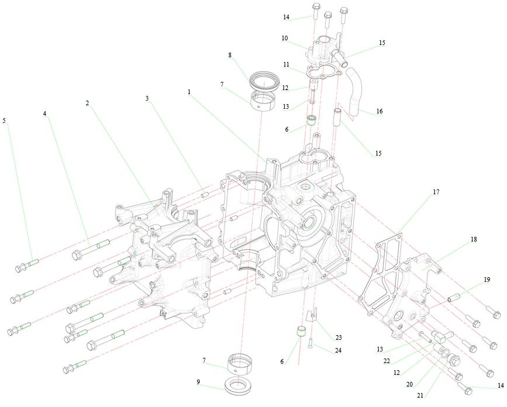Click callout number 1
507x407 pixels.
[189, 92]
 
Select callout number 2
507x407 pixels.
[87, 103]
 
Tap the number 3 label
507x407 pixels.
[147, 98]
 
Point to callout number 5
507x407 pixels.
[5, 120]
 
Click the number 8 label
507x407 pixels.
[230, 55]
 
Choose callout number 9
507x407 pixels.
[198, 382]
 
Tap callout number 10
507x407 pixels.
[284, 38]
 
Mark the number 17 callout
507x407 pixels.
[436, 192]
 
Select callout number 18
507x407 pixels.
[473, 240]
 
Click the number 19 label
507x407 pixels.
[487, 280]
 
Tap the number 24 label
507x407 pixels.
[338, 350]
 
